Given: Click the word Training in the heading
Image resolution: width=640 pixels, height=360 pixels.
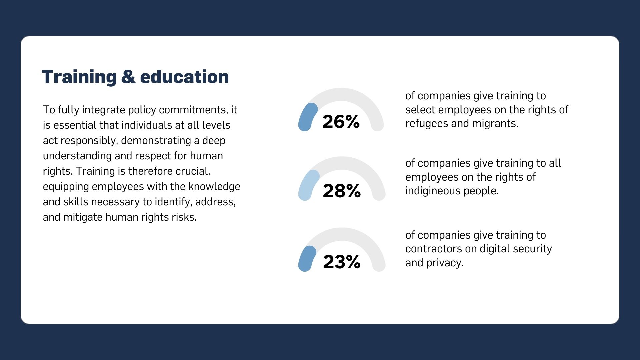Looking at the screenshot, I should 79,77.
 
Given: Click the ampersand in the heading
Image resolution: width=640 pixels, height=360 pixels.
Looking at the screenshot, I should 128,77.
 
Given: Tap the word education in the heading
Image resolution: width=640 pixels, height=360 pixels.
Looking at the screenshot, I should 184,77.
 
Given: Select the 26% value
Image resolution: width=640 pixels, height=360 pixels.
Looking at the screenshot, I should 341,122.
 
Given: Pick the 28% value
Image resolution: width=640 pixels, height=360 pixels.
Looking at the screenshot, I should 342,191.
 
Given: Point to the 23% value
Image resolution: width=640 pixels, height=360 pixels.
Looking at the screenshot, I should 342,262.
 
